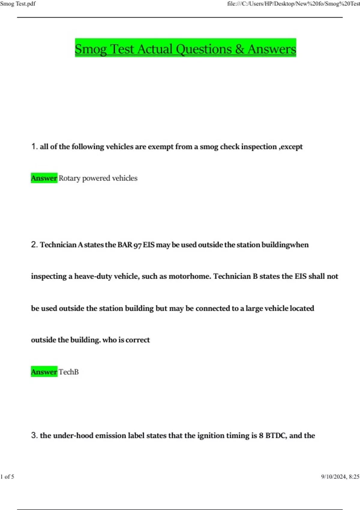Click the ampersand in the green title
click(x=239, y=49)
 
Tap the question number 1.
click(x=34, y=146)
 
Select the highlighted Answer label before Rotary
click(x=44, y=178)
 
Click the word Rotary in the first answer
click(x=69, y=178)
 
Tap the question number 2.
click(x=34, y=244)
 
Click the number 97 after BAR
click(x=137, y=245)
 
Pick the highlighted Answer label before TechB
click(x=44, y=372)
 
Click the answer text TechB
click(x=69, y=372)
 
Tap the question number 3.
click(x=34, y=435)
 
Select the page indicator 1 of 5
click(x=7, y=476)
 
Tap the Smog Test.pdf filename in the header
click(x=18, y=4)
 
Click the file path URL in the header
click(x=293, y=4)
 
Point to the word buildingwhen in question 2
click(x=285, y=245)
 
